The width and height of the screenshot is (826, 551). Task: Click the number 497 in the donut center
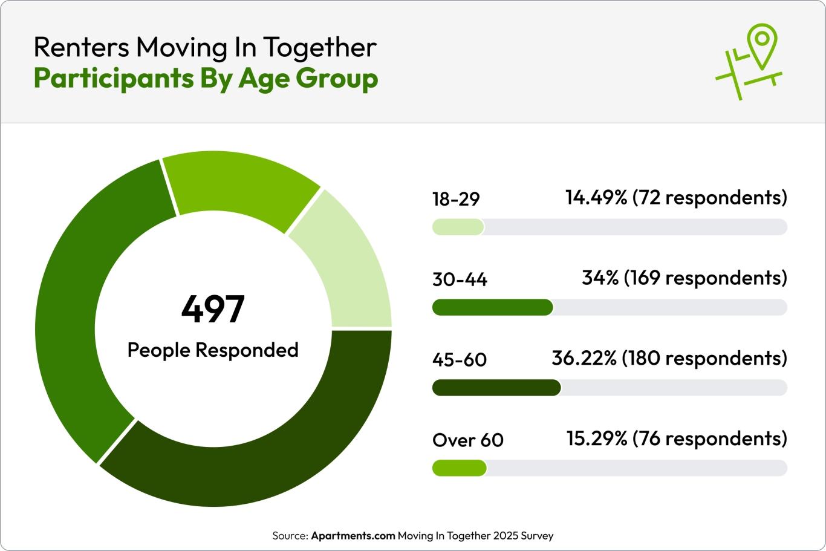click(213, 309)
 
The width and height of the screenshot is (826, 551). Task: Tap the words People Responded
click(213, 350)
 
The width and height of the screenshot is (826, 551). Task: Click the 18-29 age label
click(456, 199)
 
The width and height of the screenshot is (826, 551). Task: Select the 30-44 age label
click(460, 279)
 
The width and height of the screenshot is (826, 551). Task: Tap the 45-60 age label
click(460, 360)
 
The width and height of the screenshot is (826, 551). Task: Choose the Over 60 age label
click(468, 440)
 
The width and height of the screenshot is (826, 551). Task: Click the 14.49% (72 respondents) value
click(676, 198)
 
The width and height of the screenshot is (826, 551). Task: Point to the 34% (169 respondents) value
click(685, 278)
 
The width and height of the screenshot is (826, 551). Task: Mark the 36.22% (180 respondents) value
click(669, 358)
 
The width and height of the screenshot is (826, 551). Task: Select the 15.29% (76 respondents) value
click(677, 439)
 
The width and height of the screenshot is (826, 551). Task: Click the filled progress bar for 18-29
click(458, 227)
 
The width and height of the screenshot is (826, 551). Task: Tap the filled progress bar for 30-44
click(493, 307)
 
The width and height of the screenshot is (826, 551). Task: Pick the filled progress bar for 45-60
click(496, 388)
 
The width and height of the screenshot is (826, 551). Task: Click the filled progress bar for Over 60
click(460, 468)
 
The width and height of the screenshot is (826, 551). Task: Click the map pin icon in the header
click(761, 45)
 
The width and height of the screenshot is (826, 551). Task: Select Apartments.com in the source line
click(353, 536)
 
